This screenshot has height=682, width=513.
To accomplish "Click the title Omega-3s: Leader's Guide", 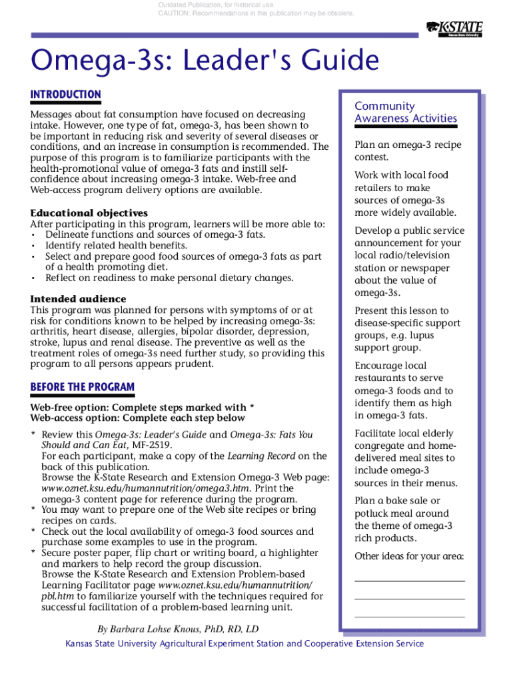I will point(205,61).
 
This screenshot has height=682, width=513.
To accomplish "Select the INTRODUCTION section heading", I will point(65,95).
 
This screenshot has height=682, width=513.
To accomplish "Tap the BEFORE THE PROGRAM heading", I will point(82,387).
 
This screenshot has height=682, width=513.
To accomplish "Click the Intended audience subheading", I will point(78,299).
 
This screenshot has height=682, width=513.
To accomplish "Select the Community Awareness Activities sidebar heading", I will point(405,112).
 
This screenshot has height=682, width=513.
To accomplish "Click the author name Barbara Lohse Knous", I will point(178,629).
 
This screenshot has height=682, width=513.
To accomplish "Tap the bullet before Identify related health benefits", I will point(33,246).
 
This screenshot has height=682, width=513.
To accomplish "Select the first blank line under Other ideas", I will point(409,581).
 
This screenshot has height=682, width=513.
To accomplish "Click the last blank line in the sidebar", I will point(409,617).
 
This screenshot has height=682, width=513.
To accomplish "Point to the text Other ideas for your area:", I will point(409,557).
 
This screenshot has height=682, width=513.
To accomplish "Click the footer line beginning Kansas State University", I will point(244,643).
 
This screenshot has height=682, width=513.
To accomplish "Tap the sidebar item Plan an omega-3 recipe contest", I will point(408,151).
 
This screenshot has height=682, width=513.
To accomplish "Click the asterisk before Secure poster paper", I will point(33,553).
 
